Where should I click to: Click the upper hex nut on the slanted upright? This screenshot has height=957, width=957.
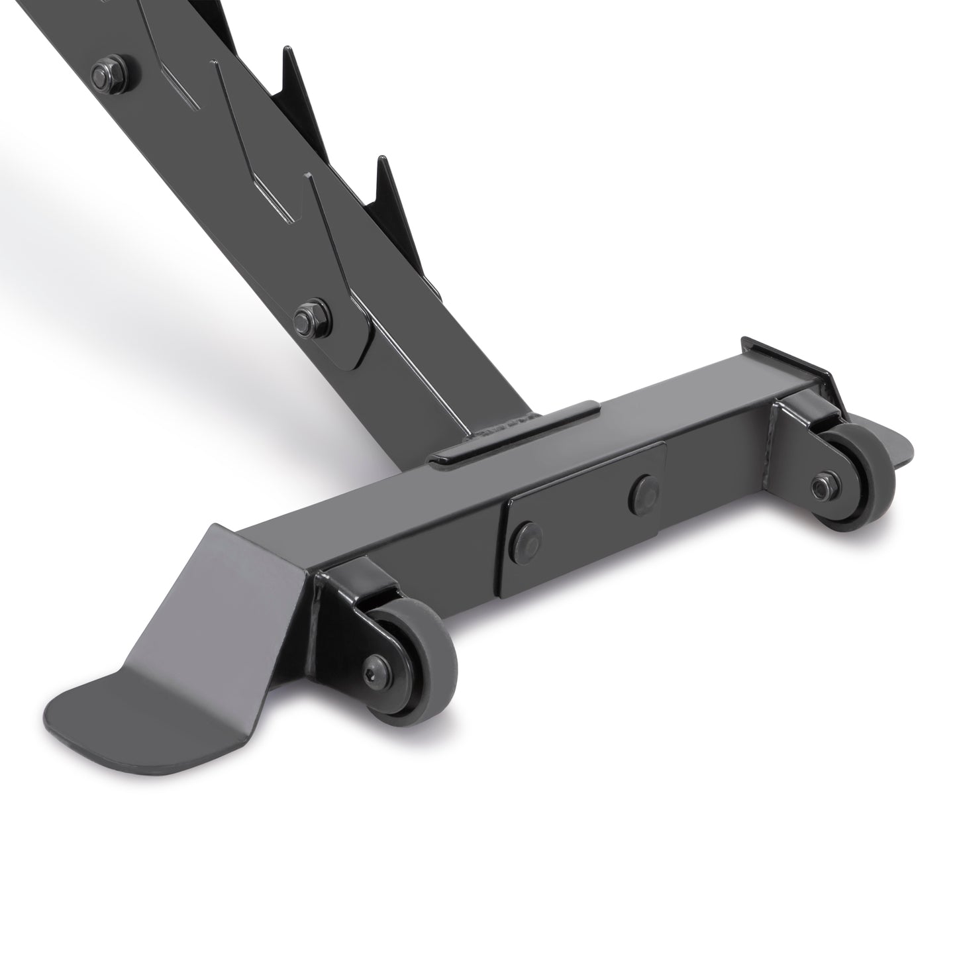tap(107, 66)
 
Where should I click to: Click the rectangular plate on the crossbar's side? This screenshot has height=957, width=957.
tap(583, 513)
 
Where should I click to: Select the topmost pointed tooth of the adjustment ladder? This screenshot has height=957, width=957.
tap(288, 60)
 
